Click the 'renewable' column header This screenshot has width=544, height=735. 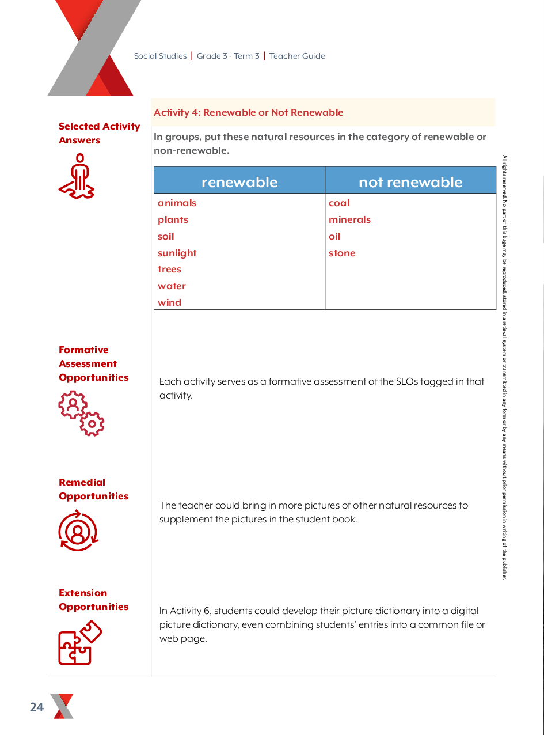[x=239, y=182]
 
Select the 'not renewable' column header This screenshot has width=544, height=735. [x=410, y=182]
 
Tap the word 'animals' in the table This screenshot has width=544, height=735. [x=177, y=203]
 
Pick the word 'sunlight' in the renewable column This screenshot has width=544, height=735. [x=177, y=253]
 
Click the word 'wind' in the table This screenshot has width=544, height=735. [x=169, y=302]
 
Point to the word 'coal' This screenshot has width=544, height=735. [x=339, y=203]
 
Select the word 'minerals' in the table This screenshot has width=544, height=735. [x=349, y=219]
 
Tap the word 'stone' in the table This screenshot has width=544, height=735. [x=342, y=253]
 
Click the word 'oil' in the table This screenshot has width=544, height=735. [x=334, y=236]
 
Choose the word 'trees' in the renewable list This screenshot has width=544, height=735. [x=169, y=269]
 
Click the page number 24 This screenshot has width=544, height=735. [x=37, y=707]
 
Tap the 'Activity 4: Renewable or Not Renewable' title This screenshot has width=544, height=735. [x=248, y=112]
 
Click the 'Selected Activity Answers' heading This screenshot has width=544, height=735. [x=99, y=133]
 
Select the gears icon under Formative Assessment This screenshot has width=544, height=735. [x=81, y=413]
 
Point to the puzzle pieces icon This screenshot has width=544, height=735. [x=80, y=642]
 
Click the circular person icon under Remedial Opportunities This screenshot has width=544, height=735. [x=78, y=531]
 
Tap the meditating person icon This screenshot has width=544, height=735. [x=77, y=177]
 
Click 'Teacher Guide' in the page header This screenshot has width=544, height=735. [x=297, y=56]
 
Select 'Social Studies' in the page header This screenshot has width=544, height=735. [x=160, y=56]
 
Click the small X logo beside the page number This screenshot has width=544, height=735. [x=62, y=706]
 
